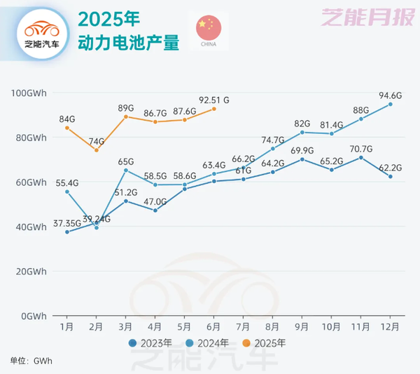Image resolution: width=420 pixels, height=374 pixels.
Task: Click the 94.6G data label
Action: pos(391,95)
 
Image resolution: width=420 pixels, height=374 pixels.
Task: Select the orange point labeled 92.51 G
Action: pos(214,108)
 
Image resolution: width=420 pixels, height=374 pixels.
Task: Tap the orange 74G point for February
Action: pos(97,150)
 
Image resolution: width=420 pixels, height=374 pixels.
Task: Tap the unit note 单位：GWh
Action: pos(31,361)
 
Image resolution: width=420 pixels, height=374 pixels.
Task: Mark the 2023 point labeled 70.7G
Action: pos(361,157)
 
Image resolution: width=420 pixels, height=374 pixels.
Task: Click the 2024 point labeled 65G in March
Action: pos(126,170)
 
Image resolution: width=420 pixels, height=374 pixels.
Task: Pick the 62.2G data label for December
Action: pos(391,168)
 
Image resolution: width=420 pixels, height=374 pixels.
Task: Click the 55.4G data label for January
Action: pos(67,182)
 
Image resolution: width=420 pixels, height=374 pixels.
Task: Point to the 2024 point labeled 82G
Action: pos(302,132)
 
